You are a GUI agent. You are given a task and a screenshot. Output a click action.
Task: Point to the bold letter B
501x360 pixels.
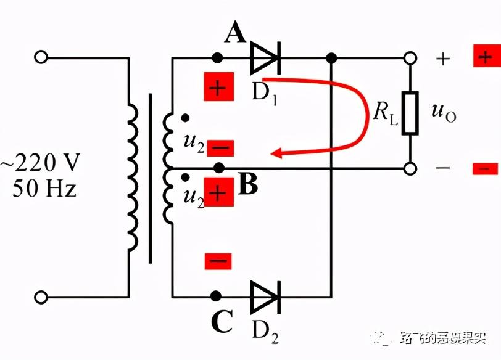pos(247,184)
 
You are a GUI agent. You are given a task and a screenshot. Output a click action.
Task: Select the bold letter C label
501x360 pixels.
pos(222,321)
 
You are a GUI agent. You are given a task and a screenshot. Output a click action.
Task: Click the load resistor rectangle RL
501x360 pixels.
pos(409,113)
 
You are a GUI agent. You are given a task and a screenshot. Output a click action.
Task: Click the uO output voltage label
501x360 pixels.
pos(443,113)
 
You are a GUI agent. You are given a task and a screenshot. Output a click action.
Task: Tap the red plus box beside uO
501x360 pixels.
pos(485,57)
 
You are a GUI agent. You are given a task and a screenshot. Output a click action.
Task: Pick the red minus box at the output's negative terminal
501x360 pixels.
pos(485,168)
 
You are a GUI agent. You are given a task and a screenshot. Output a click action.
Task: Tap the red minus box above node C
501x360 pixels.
pos(218,260)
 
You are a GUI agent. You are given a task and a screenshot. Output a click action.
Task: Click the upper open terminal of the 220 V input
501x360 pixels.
pos(41,58)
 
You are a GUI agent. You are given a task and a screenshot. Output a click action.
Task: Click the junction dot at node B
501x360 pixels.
pos(218,167)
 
